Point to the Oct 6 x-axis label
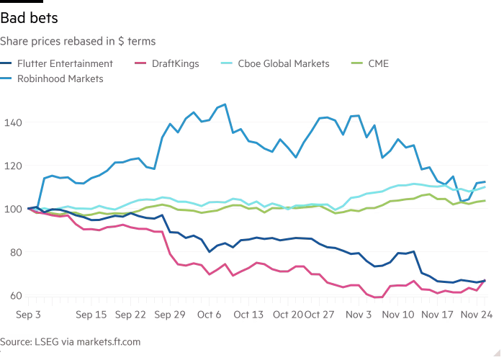tap(210, 314)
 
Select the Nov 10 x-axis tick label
tap(399, 314)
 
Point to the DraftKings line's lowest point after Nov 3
tap(377, 297)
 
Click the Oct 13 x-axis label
tap(248, 314)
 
